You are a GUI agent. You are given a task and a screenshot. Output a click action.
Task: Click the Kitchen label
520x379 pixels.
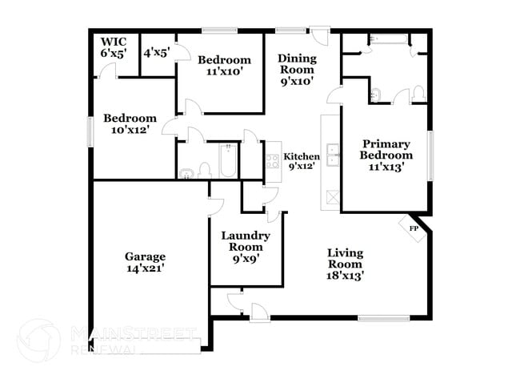302,157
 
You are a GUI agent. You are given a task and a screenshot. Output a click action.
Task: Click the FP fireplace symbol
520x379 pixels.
414,228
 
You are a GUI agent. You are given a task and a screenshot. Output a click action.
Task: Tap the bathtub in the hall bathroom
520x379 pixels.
227,160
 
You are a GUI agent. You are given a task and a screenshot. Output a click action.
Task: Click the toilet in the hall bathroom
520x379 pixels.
205,170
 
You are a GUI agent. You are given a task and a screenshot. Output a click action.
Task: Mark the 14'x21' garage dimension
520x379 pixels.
144,270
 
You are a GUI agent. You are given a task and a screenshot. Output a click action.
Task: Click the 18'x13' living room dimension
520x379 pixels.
345,276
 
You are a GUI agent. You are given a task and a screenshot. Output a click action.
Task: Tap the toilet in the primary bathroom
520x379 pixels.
418,95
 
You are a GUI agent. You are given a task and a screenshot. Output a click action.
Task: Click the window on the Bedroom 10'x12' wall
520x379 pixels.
90,130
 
